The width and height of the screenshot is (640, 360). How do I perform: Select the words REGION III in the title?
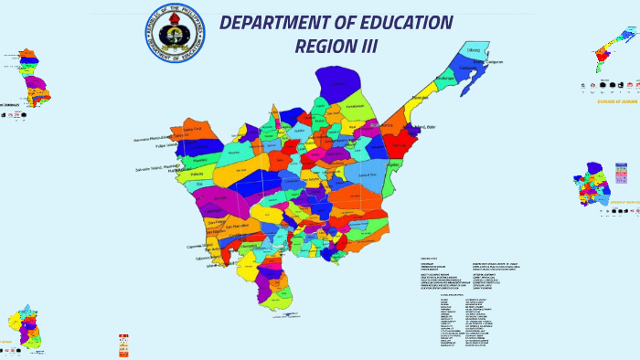[x=336, y=46]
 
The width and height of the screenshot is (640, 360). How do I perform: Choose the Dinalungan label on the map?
[x=445, y=79]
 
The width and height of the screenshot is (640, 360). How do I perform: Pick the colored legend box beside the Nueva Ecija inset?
[x=622, y=173]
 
